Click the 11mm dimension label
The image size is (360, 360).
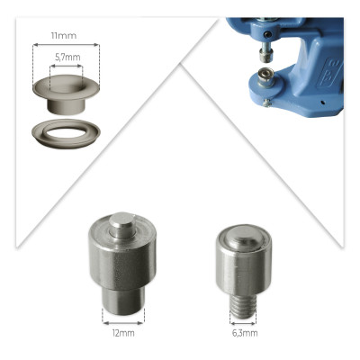64,36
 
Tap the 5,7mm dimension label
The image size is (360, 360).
67,58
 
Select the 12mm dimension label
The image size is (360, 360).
123,333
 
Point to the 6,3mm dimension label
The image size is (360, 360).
245,333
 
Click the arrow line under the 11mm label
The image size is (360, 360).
66,45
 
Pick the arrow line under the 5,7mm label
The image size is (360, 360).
66,67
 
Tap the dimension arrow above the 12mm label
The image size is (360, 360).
123,323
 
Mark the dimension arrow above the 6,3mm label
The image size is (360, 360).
243,324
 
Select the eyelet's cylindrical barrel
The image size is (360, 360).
66,105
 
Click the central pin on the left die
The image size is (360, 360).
121,225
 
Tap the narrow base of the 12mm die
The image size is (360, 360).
123,300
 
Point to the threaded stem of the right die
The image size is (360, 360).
243,306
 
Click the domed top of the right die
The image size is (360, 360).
243,237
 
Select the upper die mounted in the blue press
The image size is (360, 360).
265,53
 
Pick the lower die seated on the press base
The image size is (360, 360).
265,76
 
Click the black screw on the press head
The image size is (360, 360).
268,35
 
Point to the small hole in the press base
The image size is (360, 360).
322,103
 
